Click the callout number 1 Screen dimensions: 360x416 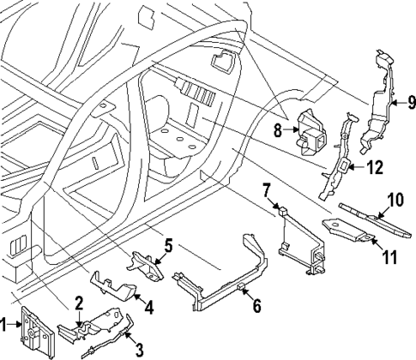point(6,324)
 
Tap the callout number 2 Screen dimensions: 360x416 point(79,301)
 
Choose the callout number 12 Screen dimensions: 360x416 point(372,168)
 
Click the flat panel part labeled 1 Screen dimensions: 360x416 point(32,329)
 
